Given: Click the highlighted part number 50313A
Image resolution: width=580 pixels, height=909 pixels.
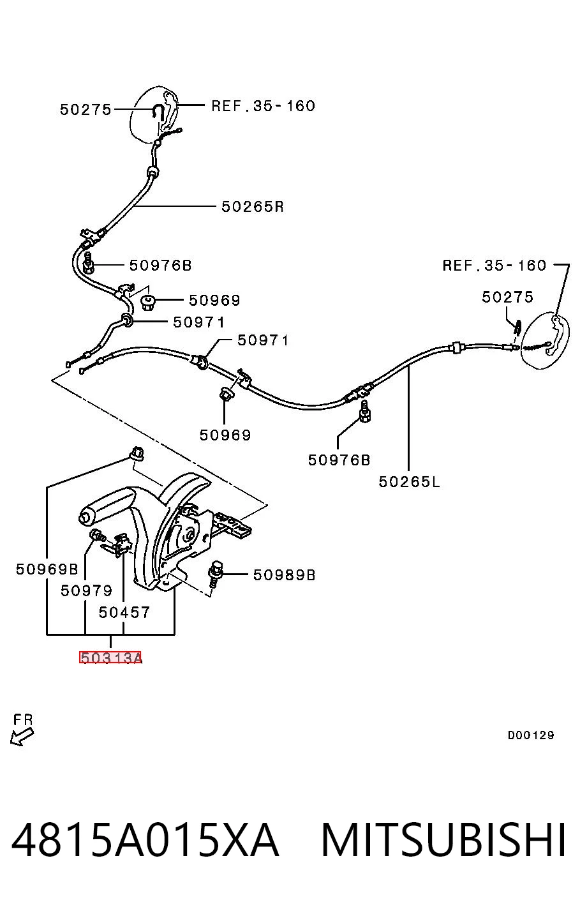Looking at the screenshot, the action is click(x=110, y=657).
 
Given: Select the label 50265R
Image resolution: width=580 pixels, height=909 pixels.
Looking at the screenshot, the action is click(x=252, y=207).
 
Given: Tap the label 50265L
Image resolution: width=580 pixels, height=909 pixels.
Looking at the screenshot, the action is click(x=409, y=482).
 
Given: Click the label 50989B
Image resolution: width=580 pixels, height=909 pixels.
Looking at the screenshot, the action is click(x=284, y=575).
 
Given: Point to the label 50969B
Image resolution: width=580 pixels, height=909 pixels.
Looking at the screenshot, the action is click(x=47, y=569).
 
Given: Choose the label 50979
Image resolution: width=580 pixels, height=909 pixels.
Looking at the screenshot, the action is click(x=86, y=590).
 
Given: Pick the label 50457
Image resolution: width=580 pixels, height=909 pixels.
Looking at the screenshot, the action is click(x=124, y=612).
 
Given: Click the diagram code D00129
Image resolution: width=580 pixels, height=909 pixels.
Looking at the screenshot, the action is click(x=531, y=735).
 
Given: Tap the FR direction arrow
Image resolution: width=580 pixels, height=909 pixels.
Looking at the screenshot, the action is click(x=22, y=737).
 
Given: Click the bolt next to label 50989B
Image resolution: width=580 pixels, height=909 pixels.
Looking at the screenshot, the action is click(x=216, y=574).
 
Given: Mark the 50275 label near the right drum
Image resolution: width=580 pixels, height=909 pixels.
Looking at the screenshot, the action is click(x=507, y=297).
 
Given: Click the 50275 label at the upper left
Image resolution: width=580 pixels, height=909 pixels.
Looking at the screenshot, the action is click(x=85, y=110).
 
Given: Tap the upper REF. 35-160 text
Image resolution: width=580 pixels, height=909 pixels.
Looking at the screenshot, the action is click(x=263, y=106).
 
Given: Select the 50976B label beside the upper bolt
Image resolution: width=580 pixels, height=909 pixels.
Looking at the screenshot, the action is click(x=160, y=266).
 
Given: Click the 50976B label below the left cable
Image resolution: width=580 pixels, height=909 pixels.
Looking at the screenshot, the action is click(x=339, y=460).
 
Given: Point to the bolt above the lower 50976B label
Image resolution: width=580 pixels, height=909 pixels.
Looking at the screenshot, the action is click(x=365, y=412).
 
